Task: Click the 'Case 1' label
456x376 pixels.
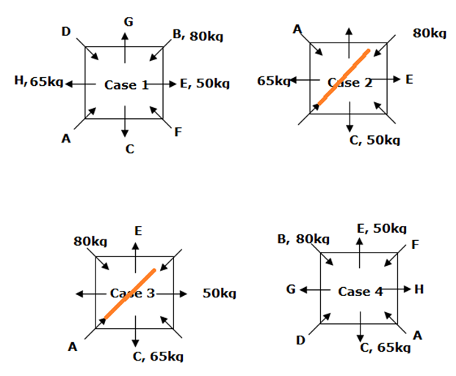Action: pyautogui.click(x=126, y=84)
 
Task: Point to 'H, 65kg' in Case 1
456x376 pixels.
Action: pyautogui.click(x=37, y=81)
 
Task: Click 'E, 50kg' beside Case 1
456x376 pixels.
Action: pyautogui.click(x=205, y=84)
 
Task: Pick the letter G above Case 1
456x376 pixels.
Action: pyautogui.click(x=128, y=22)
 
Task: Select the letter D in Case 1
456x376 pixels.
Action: pyautogui.click(x=66, y=32)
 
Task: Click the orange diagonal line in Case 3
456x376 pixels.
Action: pyautogui.click(x=130, y=294)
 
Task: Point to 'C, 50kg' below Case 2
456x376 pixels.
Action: pyautogui.click(x=374, y=140)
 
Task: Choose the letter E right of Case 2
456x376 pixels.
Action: pyautogui.click(x=409, y=79)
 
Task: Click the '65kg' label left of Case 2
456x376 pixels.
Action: pyautogui.click(x=273, y=80)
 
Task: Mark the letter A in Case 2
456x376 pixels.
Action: pyautogui.click(x=297, y=29)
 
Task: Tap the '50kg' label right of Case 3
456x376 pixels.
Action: pyautogui.click(x=219, y=294)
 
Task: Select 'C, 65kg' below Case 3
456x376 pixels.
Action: pyautogui.click(x=157, y=356)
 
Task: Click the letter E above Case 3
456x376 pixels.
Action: pyautogui.click(x=137, y=231)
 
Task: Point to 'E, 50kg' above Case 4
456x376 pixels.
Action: pyautogui.click(x=381, y=228)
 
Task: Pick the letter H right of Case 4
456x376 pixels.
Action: pyautogui.click(x=419, y=289)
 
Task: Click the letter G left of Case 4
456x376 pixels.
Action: pyautogui.click(x=292, y=290)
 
